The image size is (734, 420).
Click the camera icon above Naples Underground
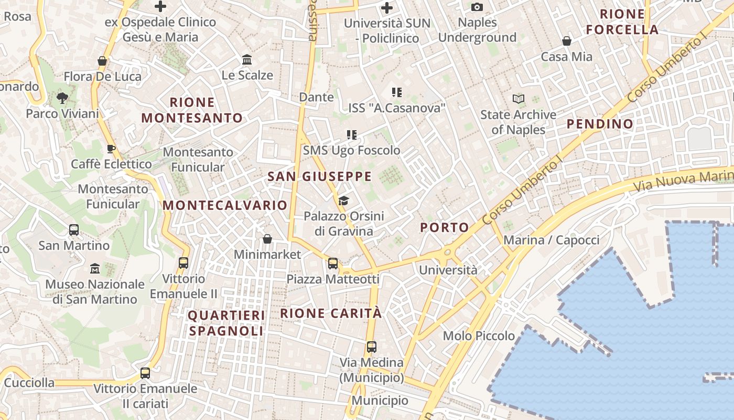click(x=477, y=7)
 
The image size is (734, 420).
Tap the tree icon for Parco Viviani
click(x=62, y=98)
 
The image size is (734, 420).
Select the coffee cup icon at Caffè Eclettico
click(x=111, y=149)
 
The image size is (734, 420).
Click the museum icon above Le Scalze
click(x=247, y=60)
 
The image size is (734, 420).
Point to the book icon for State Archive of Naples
click(x=518, y=99)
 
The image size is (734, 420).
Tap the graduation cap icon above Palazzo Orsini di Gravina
click(x=343, y=200)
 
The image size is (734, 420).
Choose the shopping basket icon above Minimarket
click(x=267, y=239)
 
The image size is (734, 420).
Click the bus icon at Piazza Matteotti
click(x=333, y=263)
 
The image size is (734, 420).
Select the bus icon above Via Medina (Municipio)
click(x=372, y=346)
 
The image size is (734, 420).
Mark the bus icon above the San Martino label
click(x=74, y=230)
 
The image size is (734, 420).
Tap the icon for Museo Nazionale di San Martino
click(x=95, y=269)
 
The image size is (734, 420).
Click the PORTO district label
click(x=445, y=227)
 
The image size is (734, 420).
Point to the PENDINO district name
click(x=600, y=124)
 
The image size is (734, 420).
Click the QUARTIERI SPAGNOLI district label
click(x=226, y=323)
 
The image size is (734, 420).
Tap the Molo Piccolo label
click(x=479, y=335)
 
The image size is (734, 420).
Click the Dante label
click(x=316, y=97)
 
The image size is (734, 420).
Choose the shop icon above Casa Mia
click(x=567, y=41)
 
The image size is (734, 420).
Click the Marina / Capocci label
click(x=551, y=240)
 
